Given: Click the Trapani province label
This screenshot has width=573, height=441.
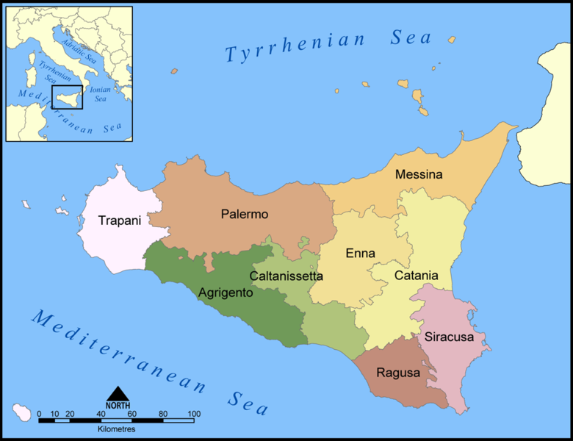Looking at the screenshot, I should tap(119, 220).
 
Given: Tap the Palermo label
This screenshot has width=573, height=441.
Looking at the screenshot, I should tap(245, 215).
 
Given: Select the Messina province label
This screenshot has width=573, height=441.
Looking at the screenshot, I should tap(419, 175).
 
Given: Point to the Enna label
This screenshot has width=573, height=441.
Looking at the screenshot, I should tap(360, 254).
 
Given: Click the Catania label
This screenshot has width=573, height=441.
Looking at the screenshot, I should tap(416, 276).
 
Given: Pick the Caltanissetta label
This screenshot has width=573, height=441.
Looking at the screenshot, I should tap(286, 276).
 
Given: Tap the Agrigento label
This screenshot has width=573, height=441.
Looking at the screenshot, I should tap(226, 293).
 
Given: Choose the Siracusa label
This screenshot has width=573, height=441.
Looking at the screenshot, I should tap(450, 337).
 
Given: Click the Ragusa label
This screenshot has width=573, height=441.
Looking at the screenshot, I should tap(398, 373).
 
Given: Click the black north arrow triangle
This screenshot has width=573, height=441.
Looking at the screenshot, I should tap(118, 395).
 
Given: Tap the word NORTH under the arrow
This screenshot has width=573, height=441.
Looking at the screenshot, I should tap(118, 406).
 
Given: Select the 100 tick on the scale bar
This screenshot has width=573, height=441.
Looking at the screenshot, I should tap(194, 415).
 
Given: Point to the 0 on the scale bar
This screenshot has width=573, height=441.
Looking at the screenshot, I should tap(39, 415).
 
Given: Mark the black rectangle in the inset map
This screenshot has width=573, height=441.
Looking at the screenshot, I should tap(67, 96).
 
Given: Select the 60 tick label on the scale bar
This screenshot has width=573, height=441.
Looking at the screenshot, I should tap(131, 415).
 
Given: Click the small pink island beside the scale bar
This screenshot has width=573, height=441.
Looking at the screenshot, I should tap(22, 412).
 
